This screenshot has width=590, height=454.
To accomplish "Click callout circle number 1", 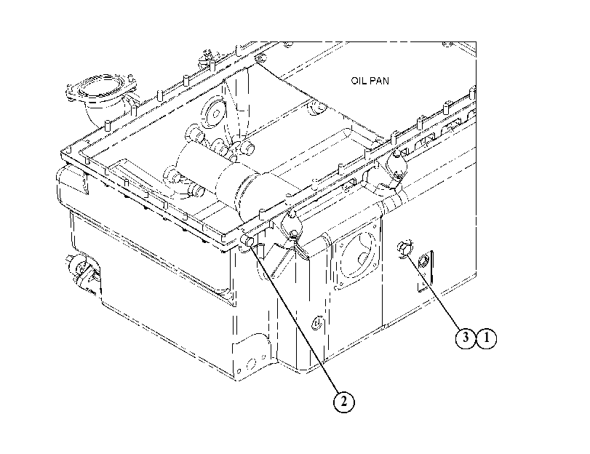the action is click(486, 338).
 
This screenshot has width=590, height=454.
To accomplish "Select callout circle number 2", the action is click(344, 402).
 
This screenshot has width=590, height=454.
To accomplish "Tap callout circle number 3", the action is click(466, 338).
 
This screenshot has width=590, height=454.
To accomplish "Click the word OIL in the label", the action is click(359, 81).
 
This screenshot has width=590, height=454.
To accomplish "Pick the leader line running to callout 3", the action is click(433, 291).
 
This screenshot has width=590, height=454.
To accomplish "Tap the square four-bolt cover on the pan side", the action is click(355, 257).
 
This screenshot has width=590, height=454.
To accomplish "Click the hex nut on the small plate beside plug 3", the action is click(423, 260).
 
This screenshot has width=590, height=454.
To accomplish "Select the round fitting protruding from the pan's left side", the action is click(80, 268).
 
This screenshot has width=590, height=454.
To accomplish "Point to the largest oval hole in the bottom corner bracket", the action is click(250, 364).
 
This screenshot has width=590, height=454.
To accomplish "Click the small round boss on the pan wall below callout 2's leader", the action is click(317, 322).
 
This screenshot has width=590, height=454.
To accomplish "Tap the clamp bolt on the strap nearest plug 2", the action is click(294, 235).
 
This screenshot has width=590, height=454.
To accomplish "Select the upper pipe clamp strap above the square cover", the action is click(396, 165).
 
